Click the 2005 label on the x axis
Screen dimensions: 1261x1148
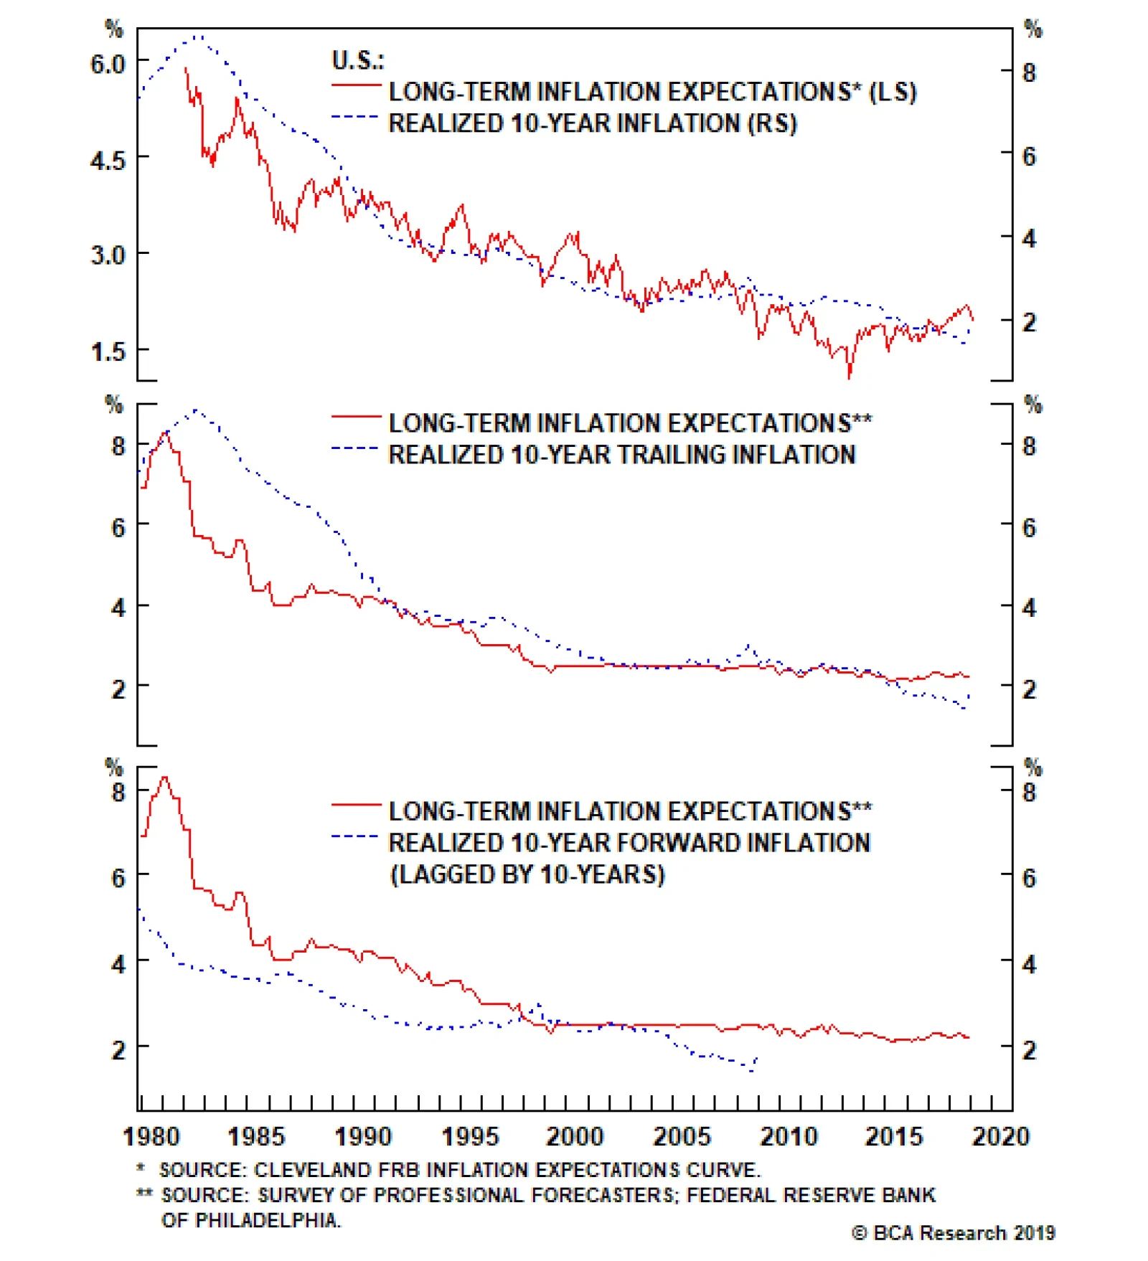[681, 1136]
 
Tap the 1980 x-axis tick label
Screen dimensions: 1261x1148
[151, 1136]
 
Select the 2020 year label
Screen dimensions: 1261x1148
[1000, 1136]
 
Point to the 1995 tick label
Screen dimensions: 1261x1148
[469, 1136]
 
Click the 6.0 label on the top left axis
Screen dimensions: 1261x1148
[108, 64]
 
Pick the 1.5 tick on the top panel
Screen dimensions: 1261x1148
[108, 351]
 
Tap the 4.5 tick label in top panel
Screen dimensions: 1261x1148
[108, 160]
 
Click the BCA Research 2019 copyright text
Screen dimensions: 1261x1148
[954, 1233]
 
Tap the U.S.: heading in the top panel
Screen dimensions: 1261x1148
[357, 61]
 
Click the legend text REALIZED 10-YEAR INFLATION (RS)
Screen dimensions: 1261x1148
[593, 123]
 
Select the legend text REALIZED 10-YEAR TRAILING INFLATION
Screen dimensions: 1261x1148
[622, 455]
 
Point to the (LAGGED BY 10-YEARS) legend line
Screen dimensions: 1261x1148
[527, 874]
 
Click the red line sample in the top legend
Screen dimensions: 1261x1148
[356, 85]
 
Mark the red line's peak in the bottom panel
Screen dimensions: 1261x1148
[165, 777]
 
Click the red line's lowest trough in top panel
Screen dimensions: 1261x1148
[850, 376]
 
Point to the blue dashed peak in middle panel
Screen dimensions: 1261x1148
[197, 410]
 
